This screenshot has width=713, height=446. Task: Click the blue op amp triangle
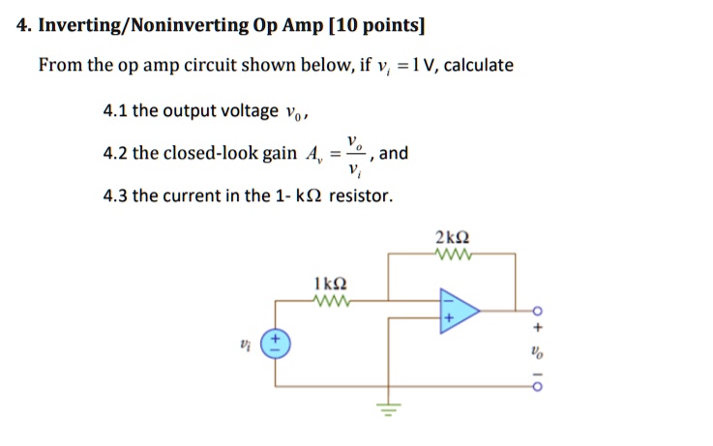(x=458, y=311)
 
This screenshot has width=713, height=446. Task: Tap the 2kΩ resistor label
(x=453, y=237)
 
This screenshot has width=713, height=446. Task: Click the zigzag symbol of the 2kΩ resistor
(x=453, y=255)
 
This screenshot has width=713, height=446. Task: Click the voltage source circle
(x=276, y=345)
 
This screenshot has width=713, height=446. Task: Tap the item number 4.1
(x=115, y=111)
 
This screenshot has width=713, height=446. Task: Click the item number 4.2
(x=115, y=154)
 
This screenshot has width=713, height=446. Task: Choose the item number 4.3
(x=115, y=195)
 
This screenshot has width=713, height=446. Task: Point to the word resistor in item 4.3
(x=361, y=195)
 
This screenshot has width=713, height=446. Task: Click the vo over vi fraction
(x=357, y=155)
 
